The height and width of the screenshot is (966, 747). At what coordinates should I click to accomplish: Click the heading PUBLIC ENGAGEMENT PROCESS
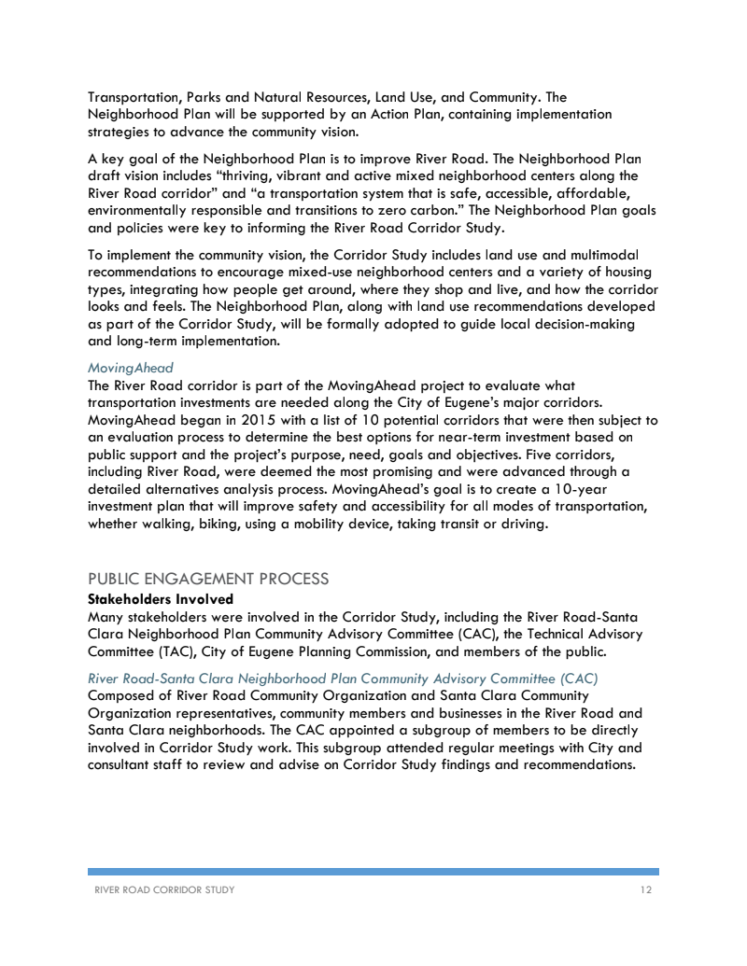pyautogui.click(x=207, y=579)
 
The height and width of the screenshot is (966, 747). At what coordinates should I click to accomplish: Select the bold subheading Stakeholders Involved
pyautogui.click(x=160, y=598)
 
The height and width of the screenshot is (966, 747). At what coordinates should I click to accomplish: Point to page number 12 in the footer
pyautogui.click(x=646, y=890)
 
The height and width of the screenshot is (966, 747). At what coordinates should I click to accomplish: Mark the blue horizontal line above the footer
pyautogui.click(x=373, y=871)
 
